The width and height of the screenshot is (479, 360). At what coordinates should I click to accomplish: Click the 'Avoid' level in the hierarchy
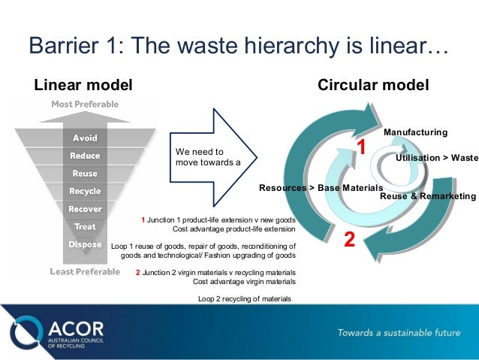click(x=84, y=138)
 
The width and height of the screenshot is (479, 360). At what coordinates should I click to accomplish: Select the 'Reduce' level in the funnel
click(x=84, y=156)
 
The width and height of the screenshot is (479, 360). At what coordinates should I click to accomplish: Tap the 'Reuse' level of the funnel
click(x=84, y=174)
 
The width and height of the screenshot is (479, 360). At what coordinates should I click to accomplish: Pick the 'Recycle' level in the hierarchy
click(x=84, y=191)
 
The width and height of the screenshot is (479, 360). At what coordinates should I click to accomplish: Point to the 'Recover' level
click(x=84, y=209)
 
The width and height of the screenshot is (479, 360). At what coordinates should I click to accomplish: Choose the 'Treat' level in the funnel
click(x=84, y=226)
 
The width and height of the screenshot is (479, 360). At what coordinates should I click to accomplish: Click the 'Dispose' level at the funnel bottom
click(x=84, y=244)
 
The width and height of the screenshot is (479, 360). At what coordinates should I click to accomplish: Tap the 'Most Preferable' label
click(x=84, y=104)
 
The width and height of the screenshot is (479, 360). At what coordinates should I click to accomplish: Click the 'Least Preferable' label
click(x=84, y=271)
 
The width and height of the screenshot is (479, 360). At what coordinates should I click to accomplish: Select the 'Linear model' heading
click(x=83, y=84)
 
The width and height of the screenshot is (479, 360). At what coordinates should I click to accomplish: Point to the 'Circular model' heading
click(x=373, y=84)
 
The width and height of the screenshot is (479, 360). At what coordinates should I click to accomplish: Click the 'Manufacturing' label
click(x=415, y=132)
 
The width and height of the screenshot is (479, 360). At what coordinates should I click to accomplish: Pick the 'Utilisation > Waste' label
click(x=436, y=159)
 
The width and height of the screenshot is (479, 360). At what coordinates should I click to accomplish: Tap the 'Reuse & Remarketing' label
click(x=428, y=196)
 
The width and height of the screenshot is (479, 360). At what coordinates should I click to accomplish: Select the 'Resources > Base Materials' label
click(x=321, y=187)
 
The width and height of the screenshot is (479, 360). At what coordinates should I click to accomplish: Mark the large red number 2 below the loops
click(x=349, y=241)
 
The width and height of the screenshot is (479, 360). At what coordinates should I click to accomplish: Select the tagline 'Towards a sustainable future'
click(x=398, y=332)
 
